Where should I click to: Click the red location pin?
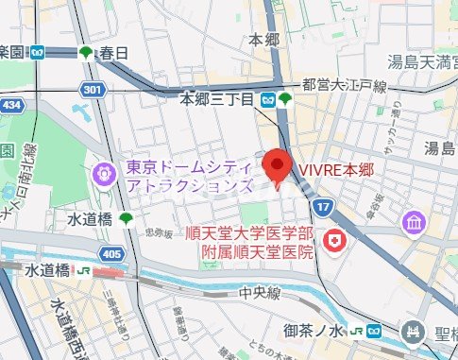point(276,166)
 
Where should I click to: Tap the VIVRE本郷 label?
point(336,170)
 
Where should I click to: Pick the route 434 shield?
point(9,103)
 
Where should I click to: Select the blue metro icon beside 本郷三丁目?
point(269,98)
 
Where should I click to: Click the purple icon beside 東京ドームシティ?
point(103,174)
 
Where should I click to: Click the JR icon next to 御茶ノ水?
point(356,331)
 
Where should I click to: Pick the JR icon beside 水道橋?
point(83,270)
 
